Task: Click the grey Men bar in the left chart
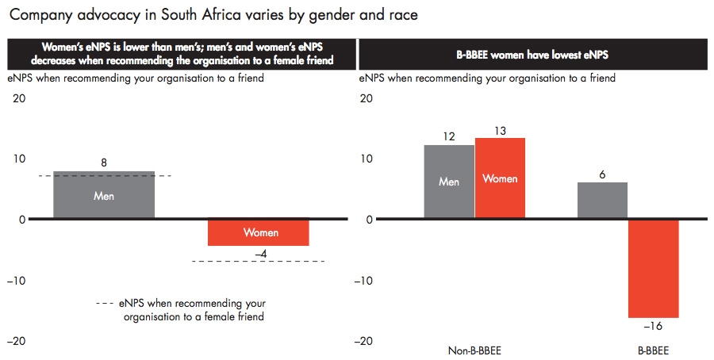click(104, 195)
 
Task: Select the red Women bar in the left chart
click(258, 232)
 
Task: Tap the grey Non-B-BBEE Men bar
click(449, 182)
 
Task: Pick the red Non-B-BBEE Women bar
click(500, 178)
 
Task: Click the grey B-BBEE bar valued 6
click(602, 201)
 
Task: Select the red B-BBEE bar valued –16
click(654, 269)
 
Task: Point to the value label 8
click(104, 163)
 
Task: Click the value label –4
click(260, 254)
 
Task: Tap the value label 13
click(500, 131)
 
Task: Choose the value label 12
click(449, 136)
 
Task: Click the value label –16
click(653, 326)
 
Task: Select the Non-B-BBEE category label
click(474, 350)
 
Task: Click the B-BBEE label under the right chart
click(654, 350)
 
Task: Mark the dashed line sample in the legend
click(105, 303)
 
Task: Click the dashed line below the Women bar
click(259, 261)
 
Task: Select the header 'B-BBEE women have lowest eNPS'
click(532, 55)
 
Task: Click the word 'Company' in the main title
click(40, 15)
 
